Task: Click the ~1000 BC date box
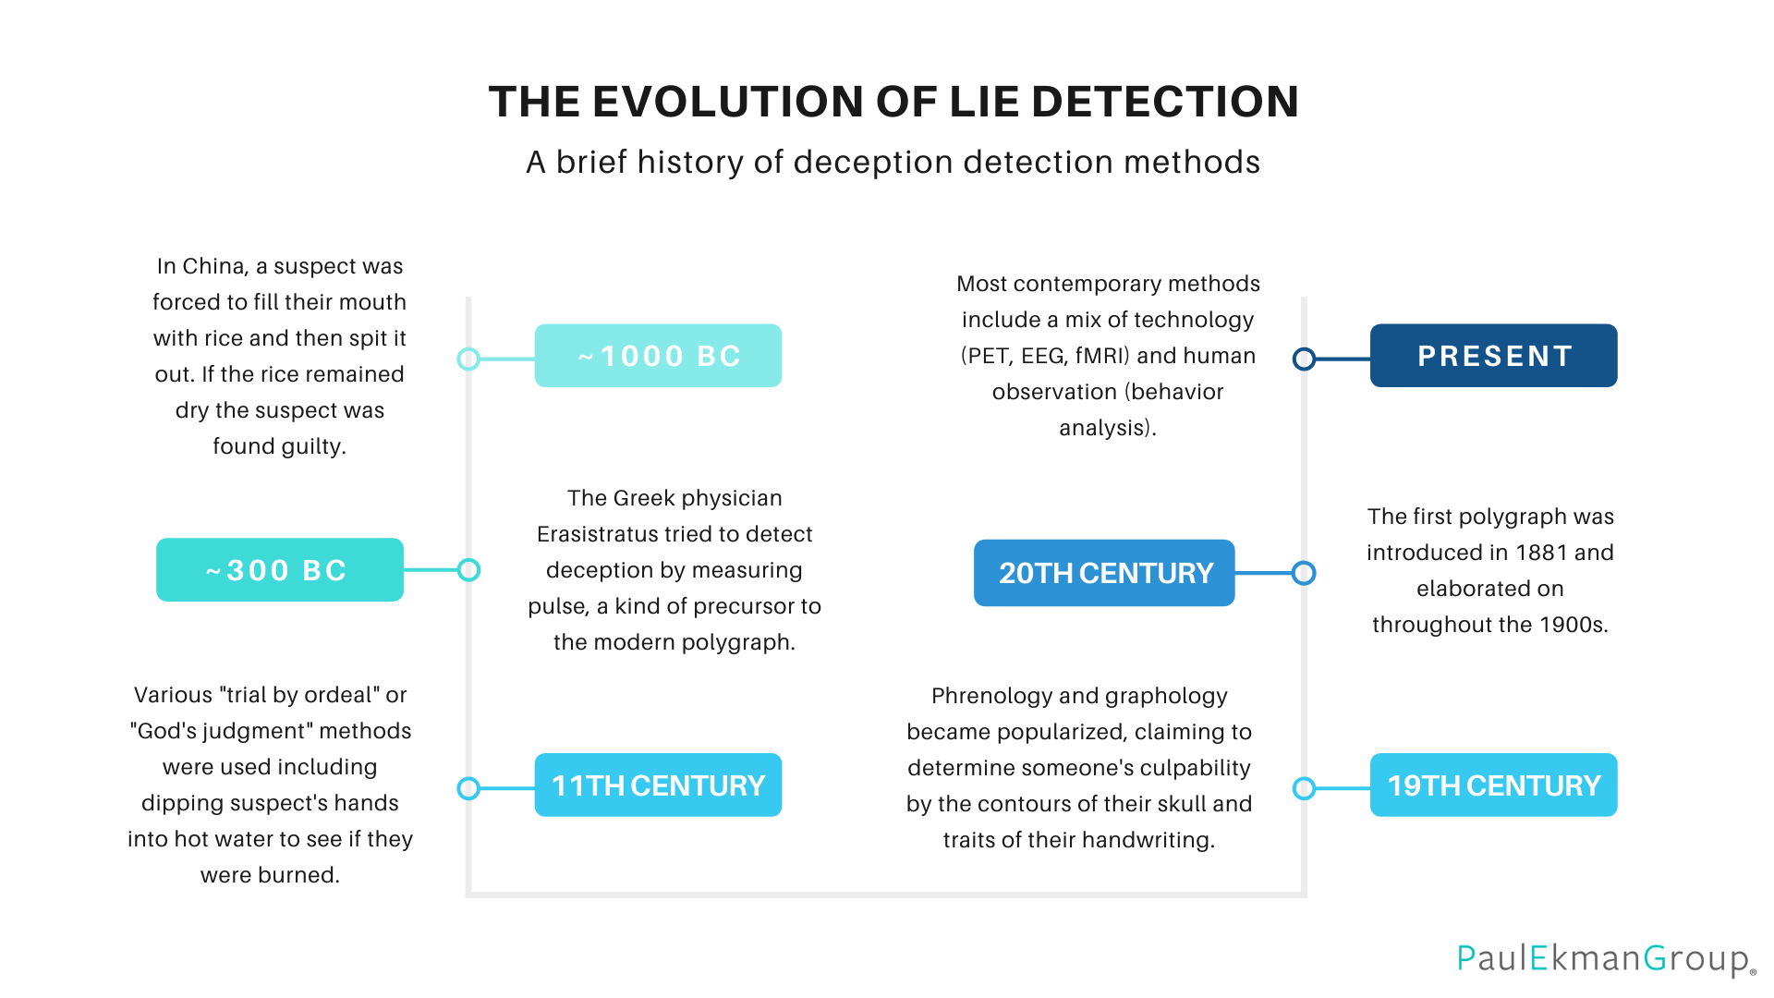click(x=658, y=356)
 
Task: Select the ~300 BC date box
click(x=279, y=570)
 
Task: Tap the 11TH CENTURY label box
click(x=658, y=785)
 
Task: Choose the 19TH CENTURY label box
click(x=1493, y=785)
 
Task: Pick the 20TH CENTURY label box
click(x=1104, y=573)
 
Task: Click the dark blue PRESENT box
click(x=1493, y=356)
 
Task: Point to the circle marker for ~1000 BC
click(x=468, y=359)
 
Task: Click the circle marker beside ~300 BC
click(x=468, y=570)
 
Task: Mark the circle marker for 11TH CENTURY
click(x=468, y=788)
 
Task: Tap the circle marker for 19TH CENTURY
click(x=1304, y=788)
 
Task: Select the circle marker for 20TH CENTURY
click(x=1304, y=573)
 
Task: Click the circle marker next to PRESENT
click(x=1304, y=359)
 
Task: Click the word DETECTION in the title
click(x=1165, y=102)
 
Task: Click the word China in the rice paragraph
click(x=213, y=266)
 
